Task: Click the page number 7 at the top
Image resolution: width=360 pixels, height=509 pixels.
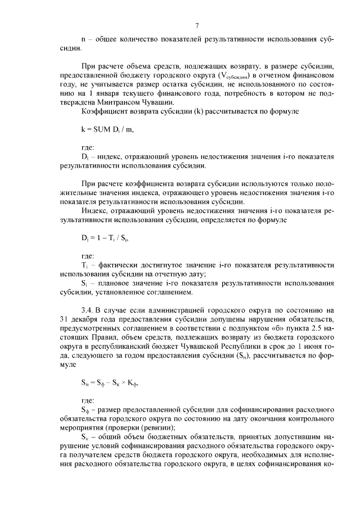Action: tap(197, 25)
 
